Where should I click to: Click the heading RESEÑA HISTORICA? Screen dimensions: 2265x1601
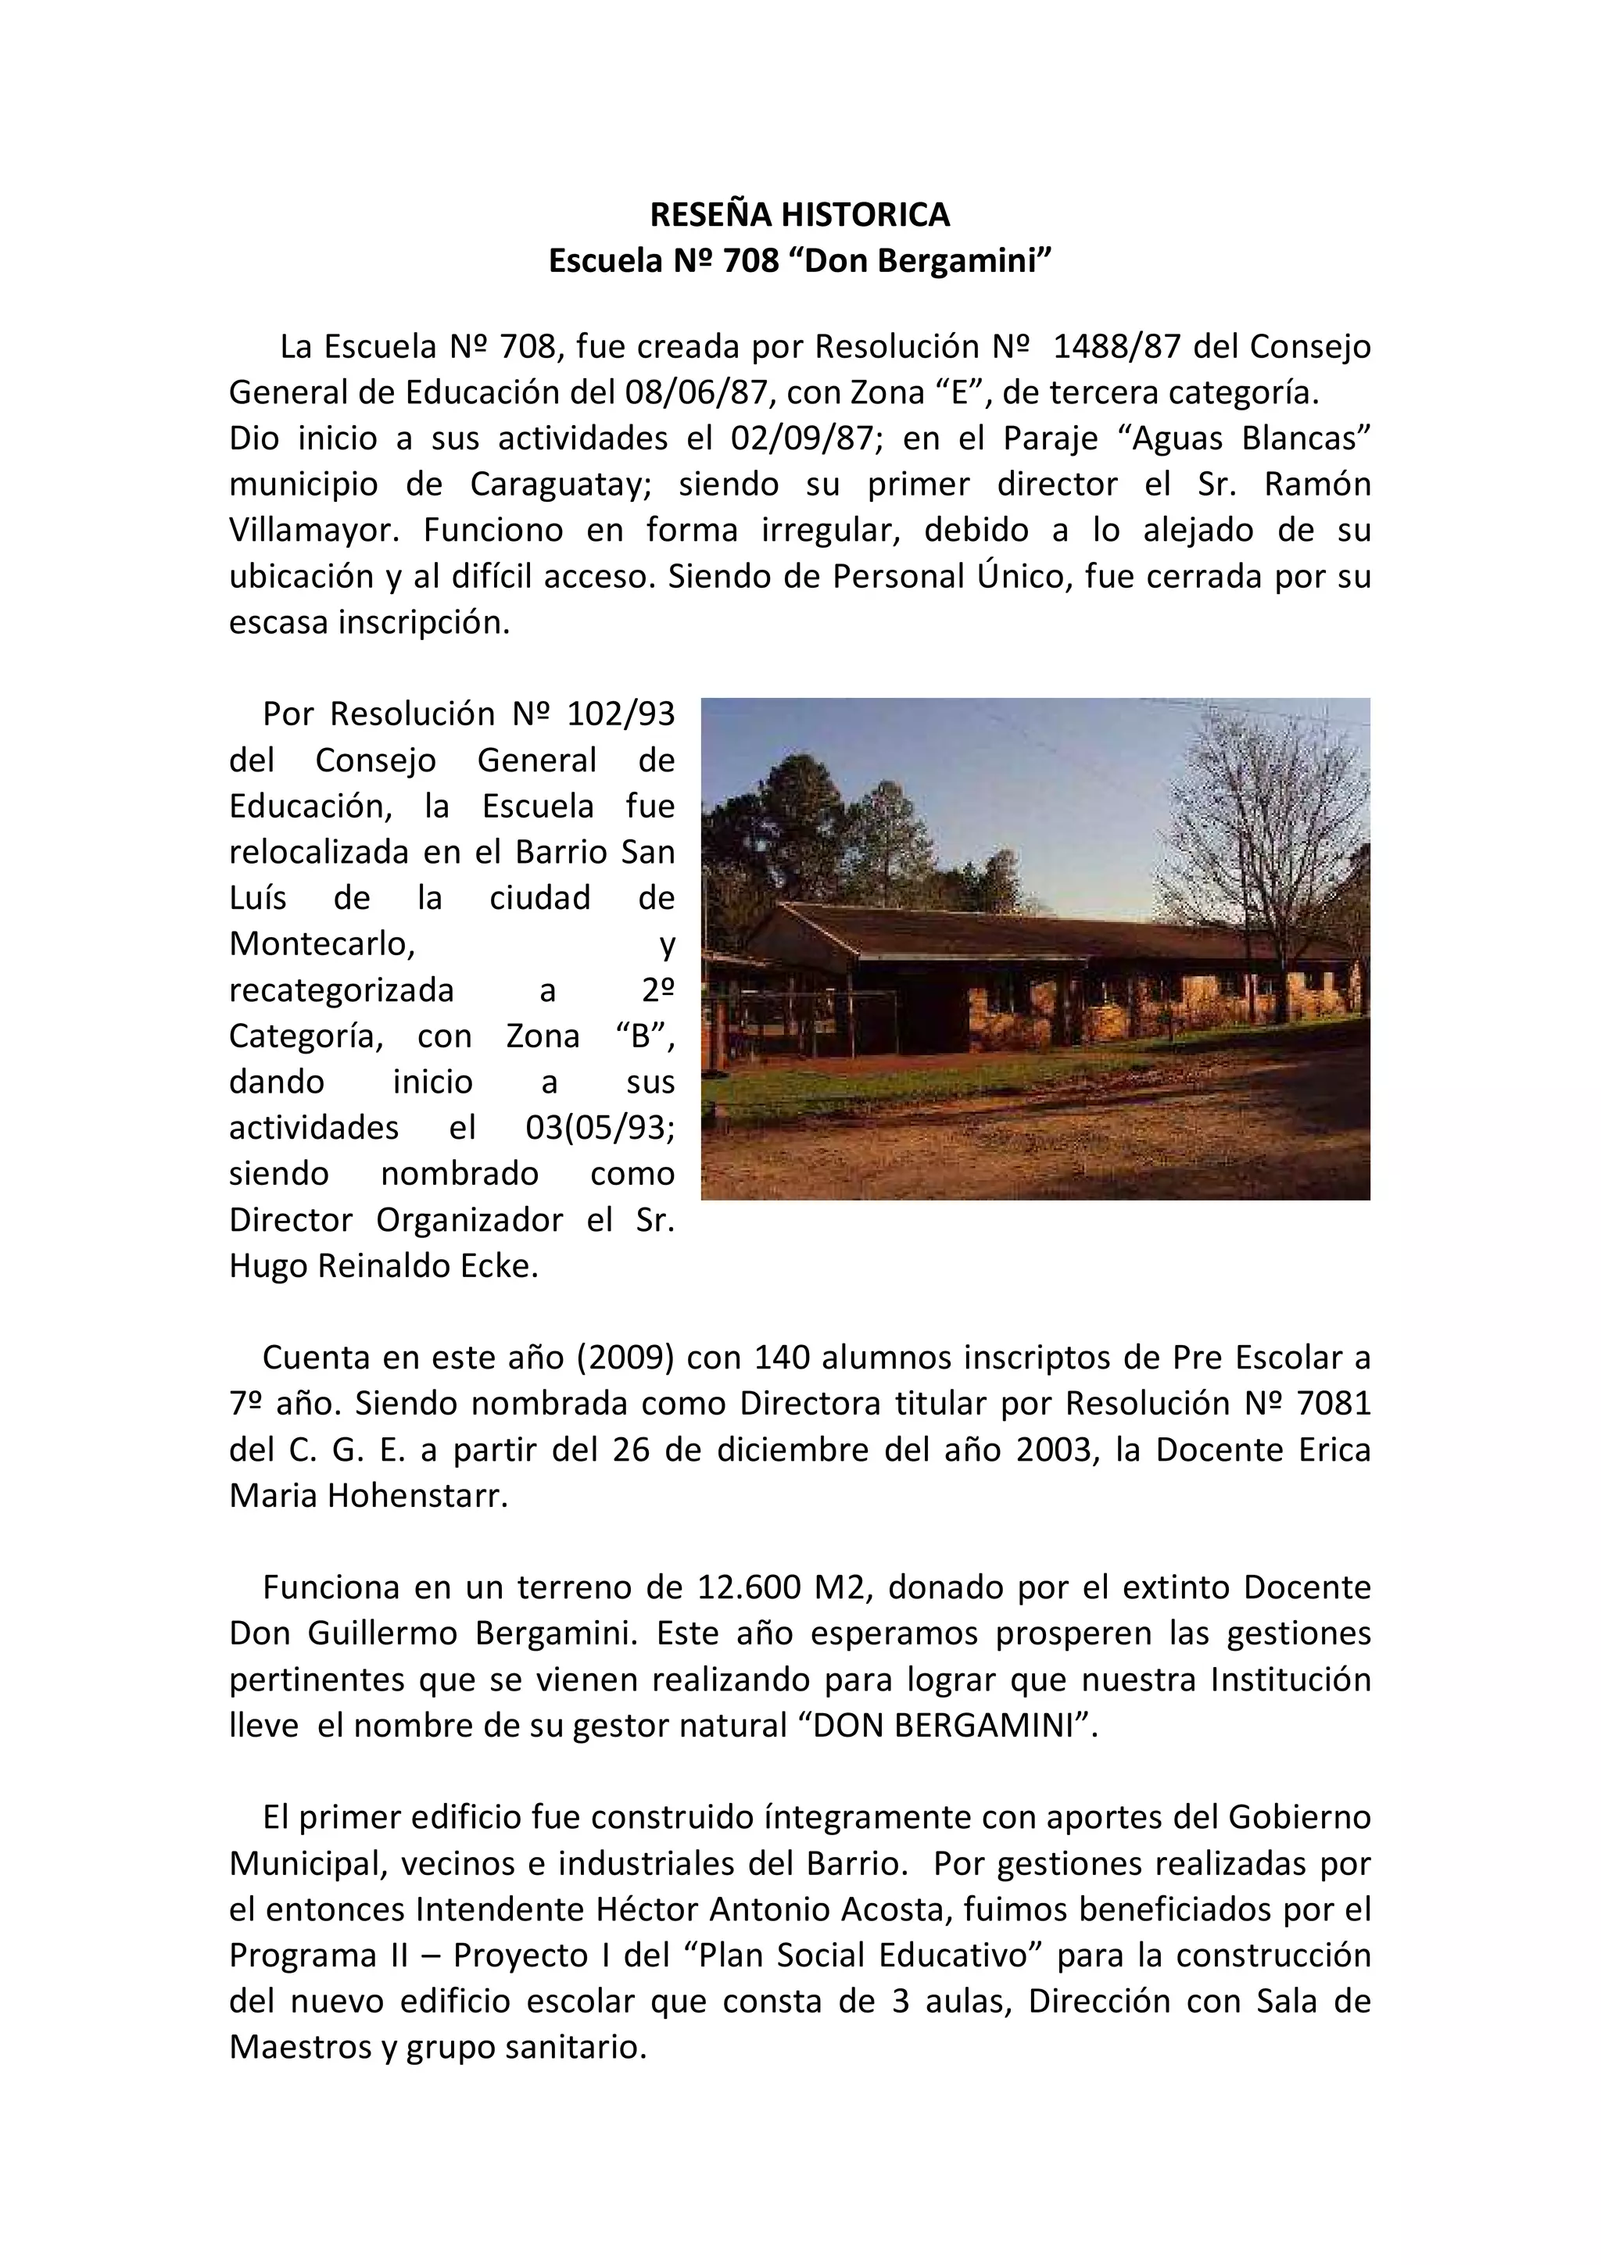pyautogui.click(x=799, y=214)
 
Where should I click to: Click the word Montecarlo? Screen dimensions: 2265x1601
pyautogui.click(x=321, y=943)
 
